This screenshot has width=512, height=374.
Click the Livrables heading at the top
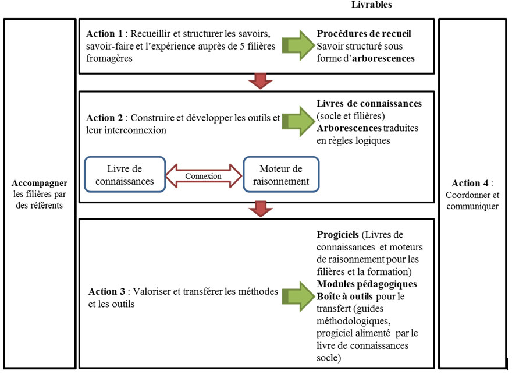(372, 5)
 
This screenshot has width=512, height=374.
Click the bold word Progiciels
(337, 235)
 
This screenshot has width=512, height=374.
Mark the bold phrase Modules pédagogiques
(367, 284)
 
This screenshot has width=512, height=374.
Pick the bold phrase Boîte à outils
(344, 296)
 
